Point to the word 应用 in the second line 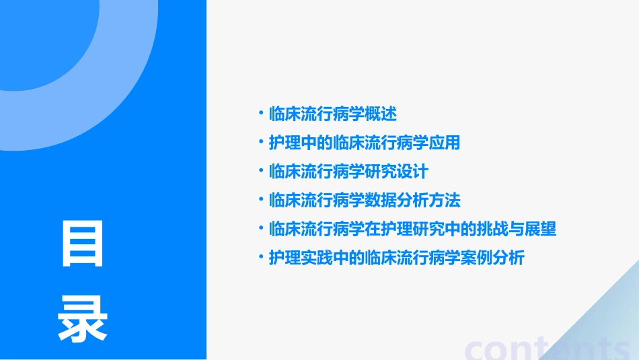[x=445, y=143]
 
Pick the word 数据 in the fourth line [x=381, y=201]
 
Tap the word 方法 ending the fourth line [x=445, y=201]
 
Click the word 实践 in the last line [x=317, y=258]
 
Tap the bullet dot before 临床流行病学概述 [x=261, y=113]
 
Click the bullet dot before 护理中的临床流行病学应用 [x=261, y=142]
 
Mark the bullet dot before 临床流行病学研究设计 [x=261, y=171]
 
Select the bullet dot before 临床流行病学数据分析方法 [x=261, y=200]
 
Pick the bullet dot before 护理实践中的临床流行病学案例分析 [x=261, y=257]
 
